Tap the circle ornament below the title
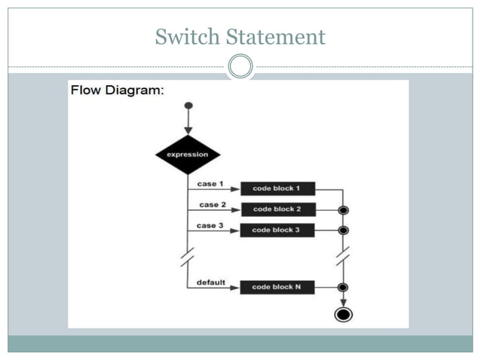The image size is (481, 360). coord(240,67)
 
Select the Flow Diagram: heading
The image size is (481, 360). coord(117,90)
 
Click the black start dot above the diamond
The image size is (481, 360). coord(188,105)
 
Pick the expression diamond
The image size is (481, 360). coord(188,154)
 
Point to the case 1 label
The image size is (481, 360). coord(210,184)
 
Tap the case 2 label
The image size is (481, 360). coord(213,204)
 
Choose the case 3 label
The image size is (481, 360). coord(210,225)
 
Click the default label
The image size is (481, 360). coord(211,282)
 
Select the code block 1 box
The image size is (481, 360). coord(277,189)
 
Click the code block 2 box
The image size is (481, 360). coord(277,209)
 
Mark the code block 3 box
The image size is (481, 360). coord(277,230)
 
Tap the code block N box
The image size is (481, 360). coord(277,287)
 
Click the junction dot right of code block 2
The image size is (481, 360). coord(344,210)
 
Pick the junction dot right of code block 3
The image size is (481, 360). coord(344,230)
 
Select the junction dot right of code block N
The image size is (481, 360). coord(344,287)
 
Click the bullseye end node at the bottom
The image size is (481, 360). coord(344,314)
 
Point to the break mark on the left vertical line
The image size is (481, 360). coord(188,257)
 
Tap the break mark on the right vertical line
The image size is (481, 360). coord(344,257)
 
